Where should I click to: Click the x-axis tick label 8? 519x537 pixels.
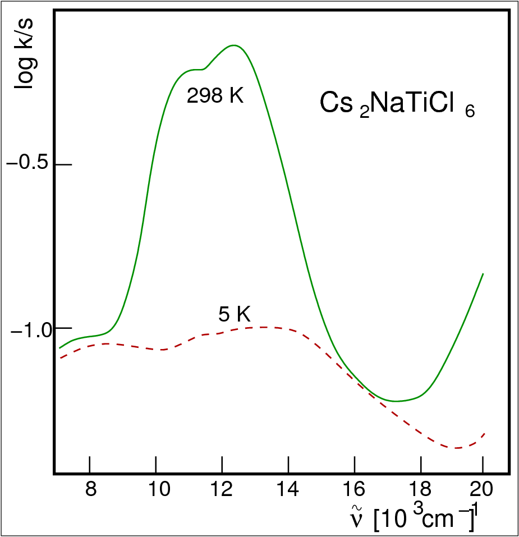pyautogui.click(x=90, y=490)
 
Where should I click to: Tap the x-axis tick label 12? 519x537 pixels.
pyautogui.click(x=222, y=490)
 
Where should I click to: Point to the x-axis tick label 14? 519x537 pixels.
pyautogui.click(x=288, y=490)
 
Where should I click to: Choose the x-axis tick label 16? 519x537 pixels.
pyautogui.click(x=354, y=490)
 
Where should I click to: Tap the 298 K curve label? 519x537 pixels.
pyautogui.click(x=215, y=96)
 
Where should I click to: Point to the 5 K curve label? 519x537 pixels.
pyautogui.click(x=234, y=315)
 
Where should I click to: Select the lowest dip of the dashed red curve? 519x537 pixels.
pyautogui.click(x=457, y=448)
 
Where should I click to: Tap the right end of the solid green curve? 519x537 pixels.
pyautogui.click(x=483, y=274)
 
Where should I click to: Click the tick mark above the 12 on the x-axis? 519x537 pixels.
pyautogui.click(x=222, y=465)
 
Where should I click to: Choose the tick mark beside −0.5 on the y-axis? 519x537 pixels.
pyautogui.click(x=63, y=164)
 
